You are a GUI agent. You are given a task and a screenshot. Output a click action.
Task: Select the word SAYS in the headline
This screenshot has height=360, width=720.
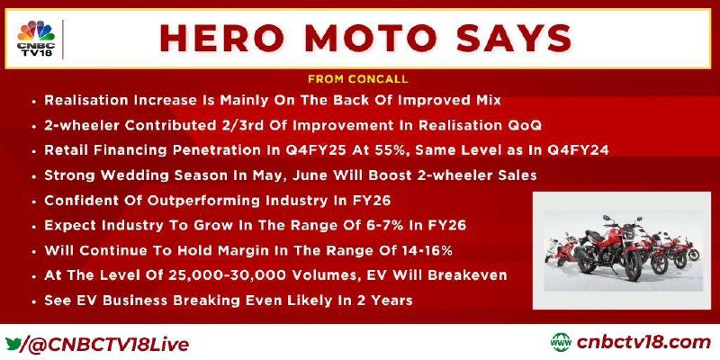[514, 39]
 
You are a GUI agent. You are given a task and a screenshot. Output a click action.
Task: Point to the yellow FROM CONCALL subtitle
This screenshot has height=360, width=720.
[358, 79]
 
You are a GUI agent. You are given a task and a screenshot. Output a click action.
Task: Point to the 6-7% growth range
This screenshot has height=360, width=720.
[401, 226]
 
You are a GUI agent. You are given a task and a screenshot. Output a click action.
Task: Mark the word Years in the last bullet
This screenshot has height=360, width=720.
[391, 301]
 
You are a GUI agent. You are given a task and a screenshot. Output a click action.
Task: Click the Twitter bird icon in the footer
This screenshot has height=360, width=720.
[13, 343]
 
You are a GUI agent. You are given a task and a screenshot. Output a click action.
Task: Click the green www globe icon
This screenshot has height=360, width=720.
[561, 343]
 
